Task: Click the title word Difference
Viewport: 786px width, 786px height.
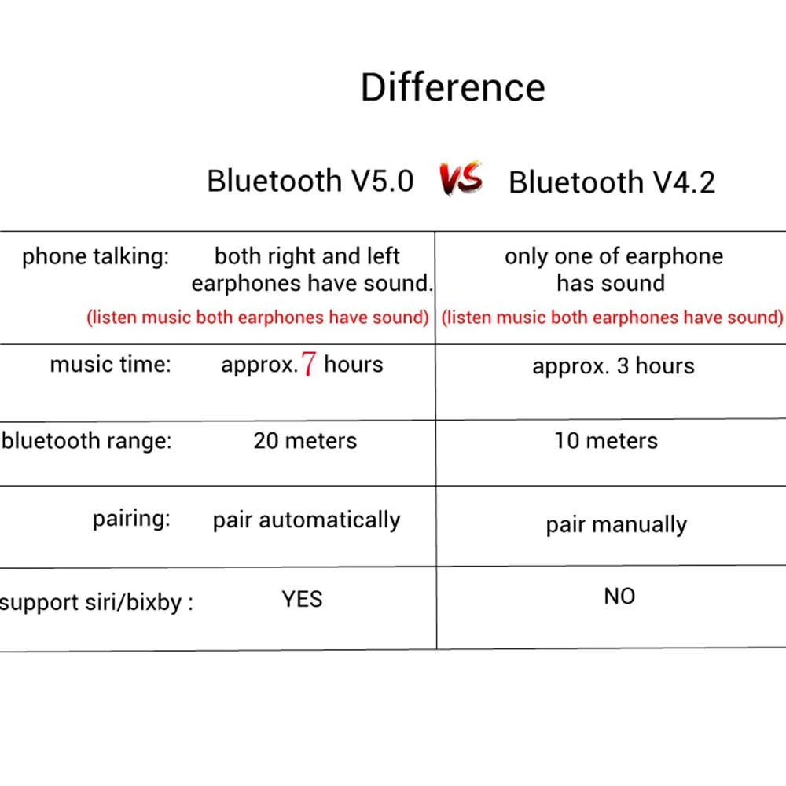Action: (453, 87)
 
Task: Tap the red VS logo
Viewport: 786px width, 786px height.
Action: (461, 179)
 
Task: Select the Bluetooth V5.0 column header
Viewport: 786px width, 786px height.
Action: (310, 181)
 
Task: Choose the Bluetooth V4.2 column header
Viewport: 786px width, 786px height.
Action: (612, 182)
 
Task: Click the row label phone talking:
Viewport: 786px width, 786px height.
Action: (95, 257)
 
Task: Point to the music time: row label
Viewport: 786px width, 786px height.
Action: (110, 365)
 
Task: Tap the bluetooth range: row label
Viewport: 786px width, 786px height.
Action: (86, 440)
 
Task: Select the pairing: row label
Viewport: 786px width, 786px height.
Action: (131, 520)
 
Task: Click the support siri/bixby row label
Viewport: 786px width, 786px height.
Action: (96, 603)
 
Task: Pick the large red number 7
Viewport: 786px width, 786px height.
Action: (309, 365)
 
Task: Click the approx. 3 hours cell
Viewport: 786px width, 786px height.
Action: (613, 366)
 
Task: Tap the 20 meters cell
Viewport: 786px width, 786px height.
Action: (305, 441)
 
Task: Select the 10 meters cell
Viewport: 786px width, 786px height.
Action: (606, 441)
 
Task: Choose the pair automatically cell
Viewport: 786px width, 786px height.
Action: (307, 520)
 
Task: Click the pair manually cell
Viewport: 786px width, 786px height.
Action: (616, 525)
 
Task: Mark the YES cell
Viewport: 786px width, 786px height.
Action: (303, 600)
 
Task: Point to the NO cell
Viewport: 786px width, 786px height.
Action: (619, 597)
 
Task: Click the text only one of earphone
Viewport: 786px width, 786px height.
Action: (613, 257)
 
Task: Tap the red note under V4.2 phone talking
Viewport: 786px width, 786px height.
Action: (612, 318)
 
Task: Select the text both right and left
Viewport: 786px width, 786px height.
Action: (307, 256)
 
